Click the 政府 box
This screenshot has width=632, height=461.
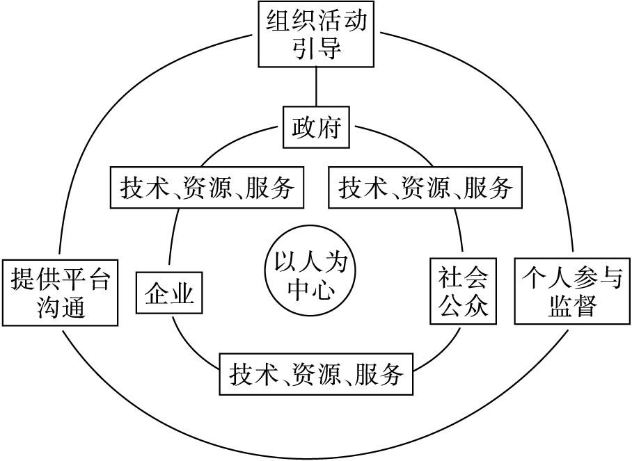pyautogui.click(x=317, y=127)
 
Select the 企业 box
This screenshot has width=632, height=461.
pyautogui.click(x=168, y=294)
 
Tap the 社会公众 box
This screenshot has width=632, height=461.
pyautogui.click(x=464, y=291)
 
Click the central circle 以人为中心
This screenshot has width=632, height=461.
pyautogui.click(x=310, y=277)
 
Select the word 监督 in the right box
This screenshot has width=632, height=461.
pyautogui.click(x=572, y=306)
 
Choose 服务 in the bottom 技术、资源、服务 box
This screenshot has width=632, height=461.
pyautogui.click(x=379, y=375)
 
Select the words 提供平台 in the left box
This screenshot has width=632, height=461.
pyautogui.click(x=61, y=280)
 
